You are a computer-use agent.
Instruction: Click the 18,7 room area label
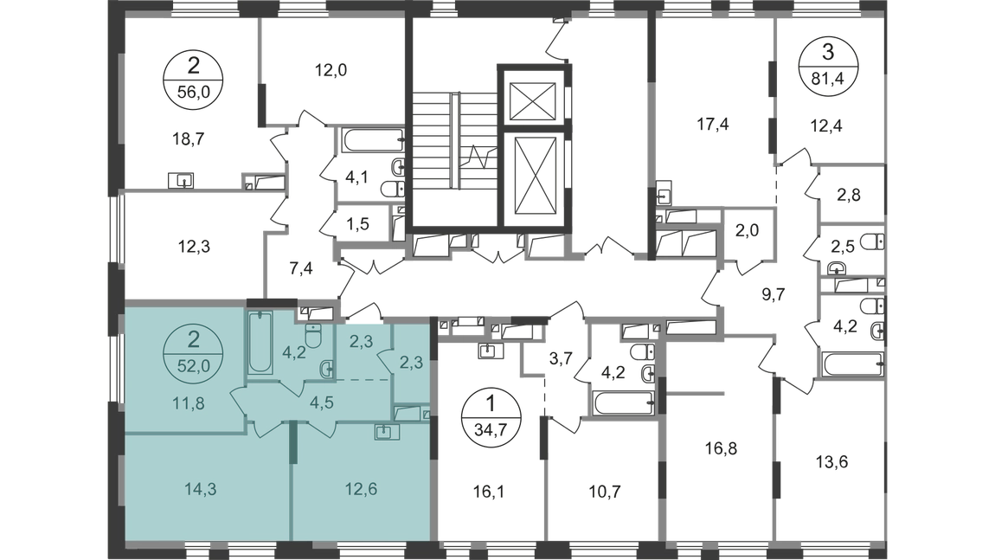[x=189, y=138]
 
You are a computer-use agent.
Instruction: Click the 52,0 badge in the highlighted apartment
[x=193, y=354]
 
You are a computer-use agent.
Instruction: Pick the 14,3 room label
[x=201, y=489]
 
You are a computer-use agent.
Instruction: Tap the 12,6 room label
[x=361, y=489]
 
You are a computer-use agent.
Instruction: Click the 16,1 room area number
[x=489, y=492]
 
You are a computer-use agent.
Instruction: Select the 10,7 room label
[x=605, y=492]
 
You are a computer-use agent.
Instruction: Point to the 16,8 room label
[x=721, y=449]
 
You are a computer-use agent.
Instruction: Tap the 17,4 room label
[x=713, y=124]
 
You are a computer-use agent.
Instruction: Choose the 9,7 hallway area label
[x=773, y=294]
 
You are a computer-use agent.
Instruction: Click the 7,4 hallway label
[x=301, y=268]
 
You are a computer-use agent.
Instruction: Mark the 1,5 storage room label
[x=357, y=223]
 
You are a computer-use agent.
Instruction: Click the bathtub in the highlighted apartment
[x=260, y=342]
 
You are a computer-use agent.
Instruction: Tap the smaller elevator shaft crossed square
[x=532, y=100]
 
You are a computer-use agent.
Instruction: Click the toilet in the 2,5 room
[x=875, y=241]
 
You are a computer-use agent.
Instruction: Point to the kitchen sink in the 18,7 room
[x=181, y=181]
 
